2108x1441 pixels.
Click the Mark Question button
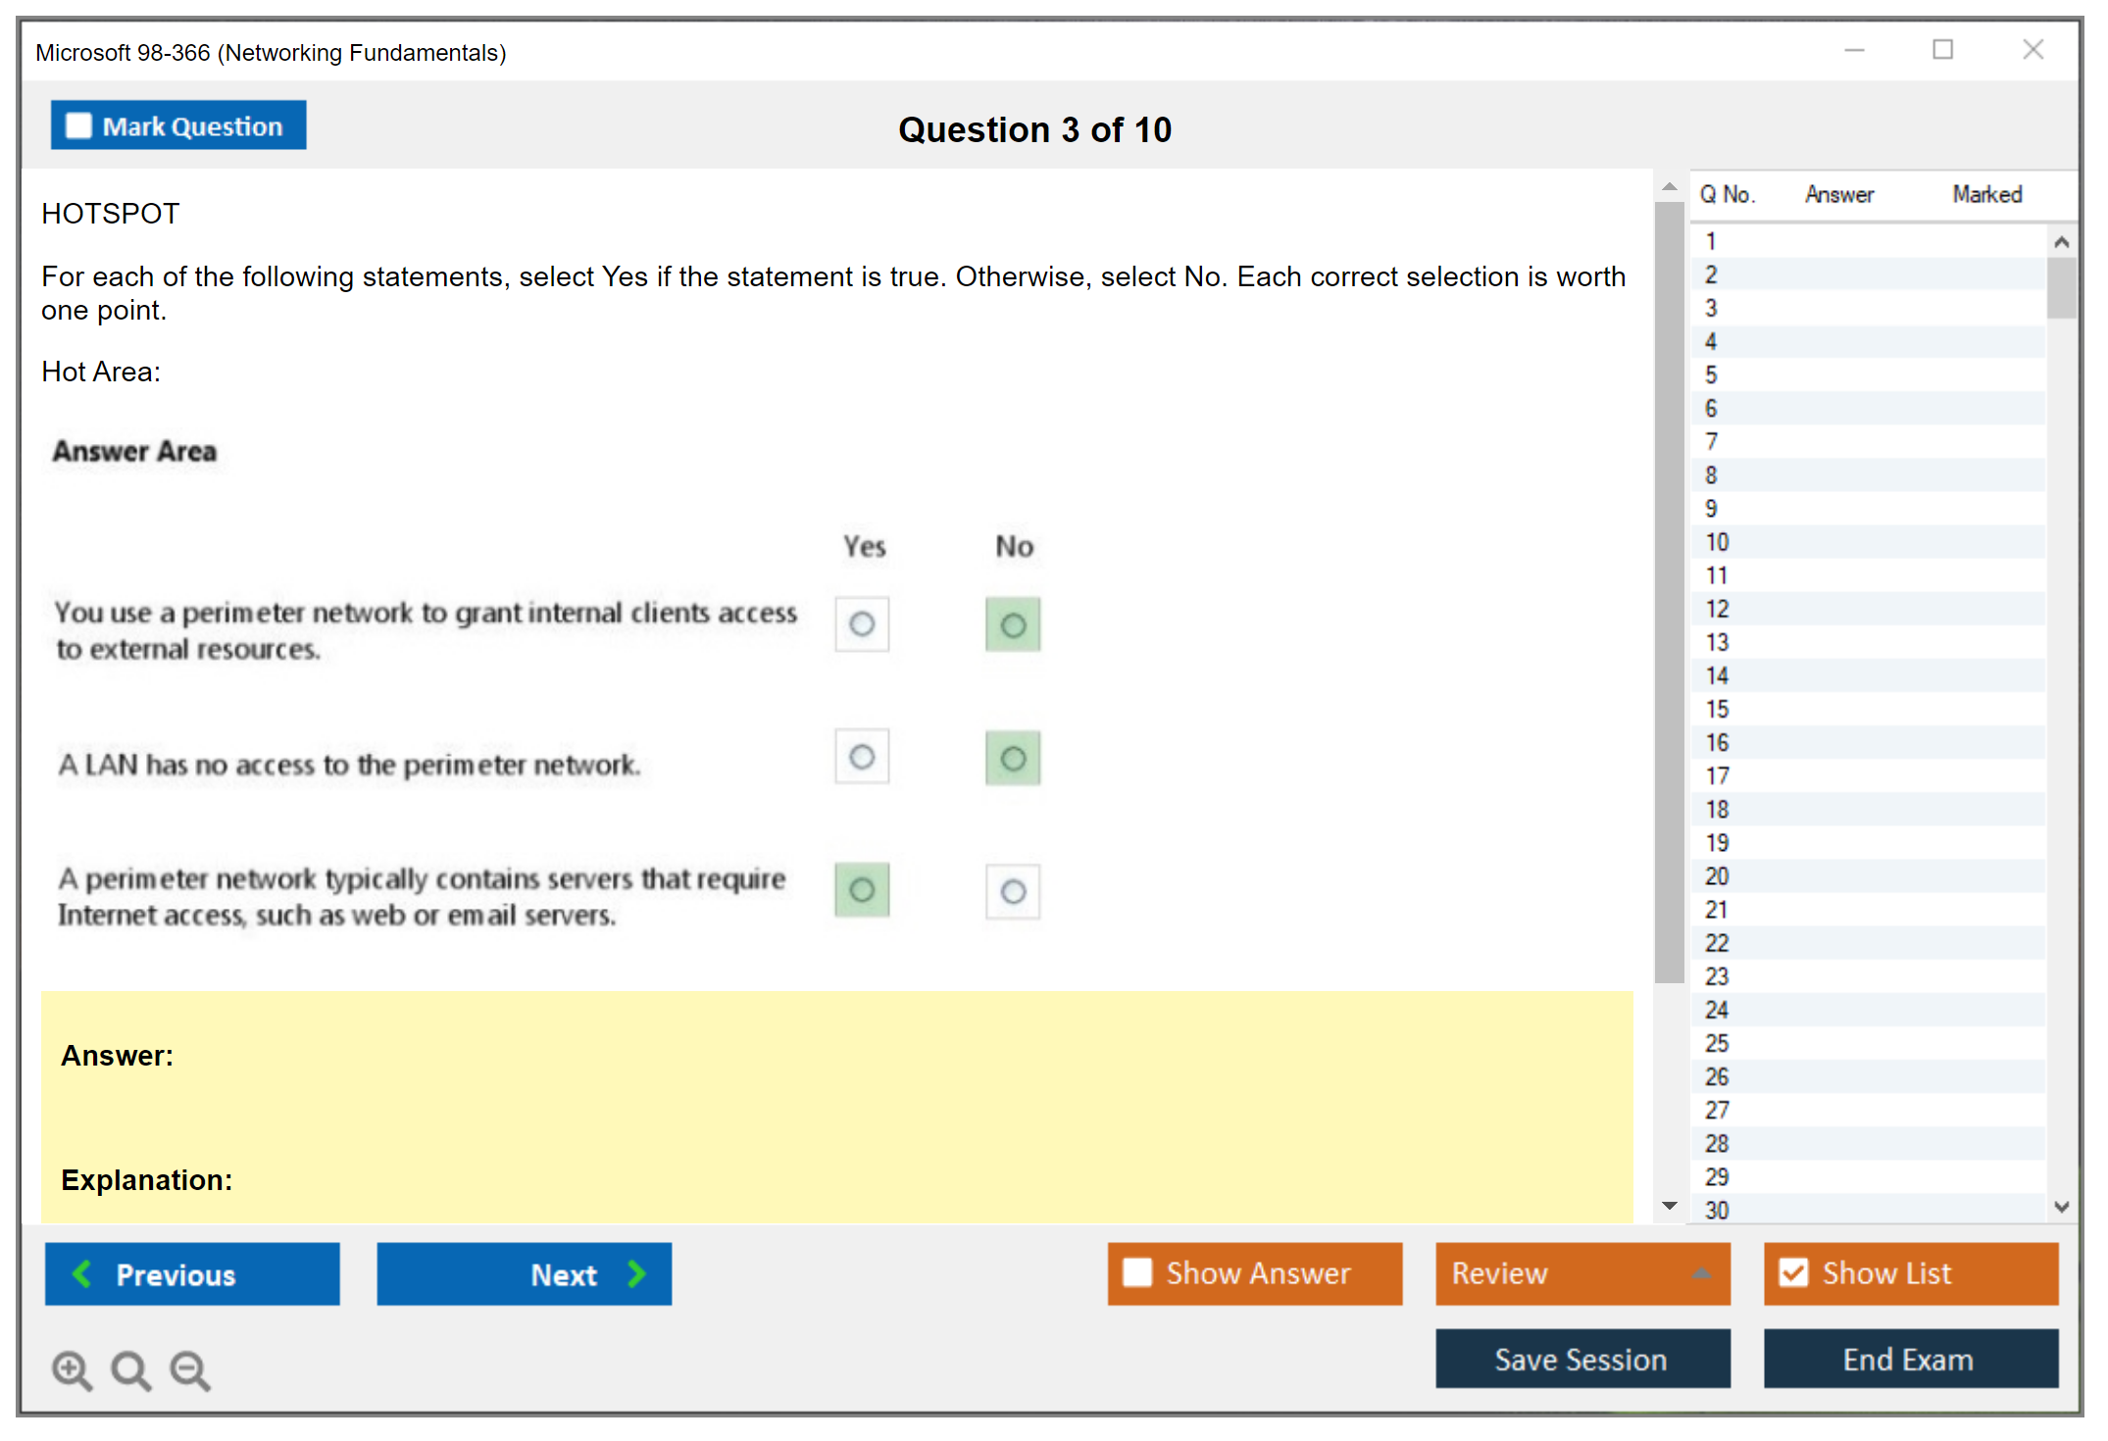[x=178, y=125]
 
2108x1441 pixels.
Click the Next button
[x=525, y=1273]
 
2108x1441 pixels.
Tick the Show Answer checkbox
[x=1137, y=1272]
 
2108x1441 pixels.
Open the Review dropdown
[x=1582, y=1273]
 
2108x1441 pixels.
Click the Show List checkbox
[x=1793, y=1272]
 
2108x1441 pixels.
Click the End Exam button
[x=1911, y=1359]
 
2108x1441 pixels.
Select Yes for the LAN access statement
[x=862, y=757]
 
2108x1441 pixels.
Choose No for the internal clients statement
[x=1013, y=624]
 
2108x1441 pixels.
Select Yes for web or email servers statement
[x=862, y=890]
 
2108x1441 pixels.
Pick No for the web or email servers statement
[x=1013, y=891]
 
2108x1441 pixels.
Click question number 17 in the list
[x=1717, y=776]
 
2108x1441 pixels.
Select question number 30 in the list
[x=1717, y=1211]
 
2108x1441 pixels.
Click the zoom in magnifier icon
[x=72, y=1370]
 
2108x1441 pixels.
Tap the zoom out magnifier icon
[x=190, y=1370]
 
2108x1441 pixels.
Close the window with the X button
[x=2033, y=49]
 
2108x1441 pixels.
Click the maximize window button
[x=1942, y=49]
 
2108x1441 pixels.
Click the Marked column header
[x=1987, y=194]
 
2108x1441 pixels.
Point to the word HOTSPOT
[x=111, y=214]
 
